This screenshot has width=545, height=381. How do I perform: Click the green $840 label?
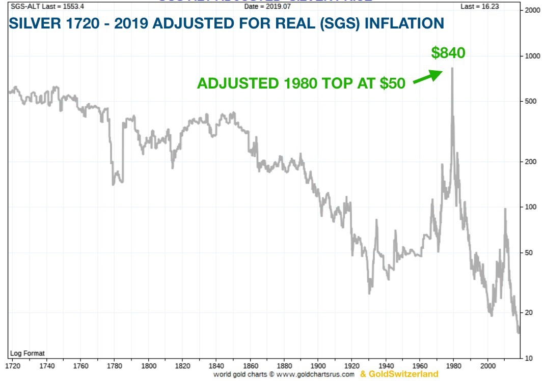tap(448, 52)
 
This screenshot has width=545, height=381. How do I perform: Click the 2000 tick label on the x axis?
tap(488, 365)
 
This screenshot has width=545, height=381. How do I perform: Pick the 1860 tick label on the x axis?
tap(250, 365)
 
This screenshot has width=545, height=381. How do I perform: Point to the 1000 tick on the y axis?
tap(532, 55)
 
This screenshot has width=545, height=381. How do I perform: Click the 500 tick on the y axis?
tap(531, 101)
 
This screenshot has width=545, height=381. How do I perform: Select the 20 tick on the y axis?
tap(530, 312)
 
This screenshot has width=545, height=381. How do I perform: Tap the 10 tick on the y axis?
tap(530, 358)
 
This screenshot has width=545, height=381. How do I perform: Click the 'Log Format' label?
tap(28, 353)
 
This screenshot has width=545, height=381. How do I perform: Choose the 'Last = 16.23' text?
tap(481, 6)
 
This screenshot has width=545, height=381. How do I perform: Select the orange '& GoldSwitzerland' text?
tap(399, 374)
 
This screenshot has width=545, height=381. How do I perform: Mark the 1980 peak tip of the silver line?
tap(452, 68)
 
